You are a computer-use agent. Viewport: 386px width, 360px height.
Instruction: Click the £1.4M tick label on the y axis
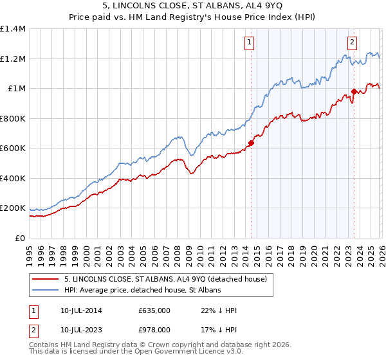13,29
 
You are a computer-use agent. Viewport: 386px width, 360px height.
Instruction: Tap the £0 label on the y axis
21,238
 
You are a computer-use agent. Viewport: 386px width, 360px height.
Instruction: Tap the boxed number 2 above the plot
353,43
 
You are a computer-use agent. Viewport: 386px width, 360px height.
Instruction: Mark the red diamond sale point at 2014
251,143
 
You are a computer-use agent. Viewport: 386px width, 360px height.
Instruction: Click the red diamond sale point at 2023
353,92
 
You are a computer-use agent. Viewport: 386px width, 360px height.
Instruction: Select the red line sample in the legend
45,279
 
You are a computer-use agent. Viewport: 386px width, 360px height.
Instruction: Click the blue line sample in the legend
45,290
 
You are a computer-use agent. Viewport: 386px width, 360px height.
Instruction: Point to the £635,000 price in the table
154,311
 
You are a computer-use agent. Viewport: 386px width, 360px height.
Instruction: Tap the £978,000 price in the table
154,329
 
